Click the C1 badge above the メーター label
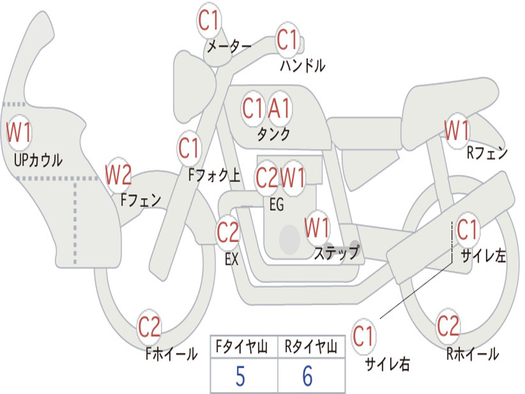[x=209, y=20]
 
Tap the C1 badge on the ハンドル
[x=288, y=40]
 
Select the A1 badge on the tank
[x=279, y=109]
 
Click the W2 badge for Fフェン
[x=118, y=175]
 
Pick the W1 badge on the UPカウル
[x=19, y=132]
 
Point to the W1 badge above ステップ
[x=317, y=228]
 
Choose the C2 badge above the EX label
[x=228, y=232]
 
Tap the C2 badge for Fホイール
[x=149, y=327]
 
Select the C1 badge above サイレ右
[x=364, y=336]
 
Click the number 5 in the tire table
[x=240, y=376]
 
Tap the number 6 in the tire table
[x=308, y=376]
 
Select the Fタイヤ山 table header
[x=242, y=346]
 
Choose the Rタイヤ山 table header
[x=311, y=346]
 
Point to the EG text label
[x=276, y=204]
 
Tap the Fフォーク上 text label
[x=214, y=175]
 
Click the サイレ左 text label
[x=483, y=256]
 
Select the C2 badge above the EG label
[x=267, y=178]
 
